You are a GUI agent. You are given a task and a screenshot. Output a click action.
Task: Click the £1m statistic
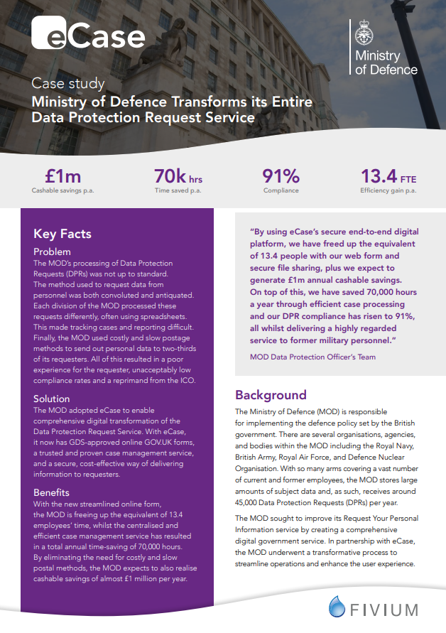pos(62,176)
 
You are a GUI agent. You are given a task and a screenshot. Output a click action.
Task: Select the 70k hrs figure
pos(178,176)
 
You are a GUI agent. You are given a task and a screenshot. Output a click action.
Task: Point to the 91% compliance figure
pos(281,176)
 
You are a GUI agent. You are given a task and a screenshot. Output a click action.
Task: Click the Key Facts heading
pos(62,234)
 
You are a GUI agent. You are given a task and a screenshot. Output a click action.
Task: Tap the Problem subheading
pos(52,251)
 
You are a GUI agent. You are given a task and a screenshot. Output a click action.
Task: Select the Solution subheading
pos(52,399)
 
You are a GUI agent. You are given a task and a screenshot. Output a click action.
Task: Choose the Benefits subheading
pos(52,492)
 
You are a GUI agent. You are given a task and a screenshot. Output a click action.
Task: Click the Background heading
pos(271,395)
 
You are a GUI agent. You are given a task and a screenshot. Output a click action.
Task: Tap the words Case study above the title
pos(68,84)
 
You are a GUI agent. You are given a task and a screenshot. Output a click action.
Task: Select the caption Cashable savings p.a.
pos(63,191)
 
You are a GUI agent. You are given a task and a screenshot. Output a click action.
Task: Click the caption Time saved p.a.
pos(178,191)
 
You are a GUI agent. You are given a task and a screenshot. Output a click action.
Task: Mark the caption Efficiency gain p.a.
pos(388,191)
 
